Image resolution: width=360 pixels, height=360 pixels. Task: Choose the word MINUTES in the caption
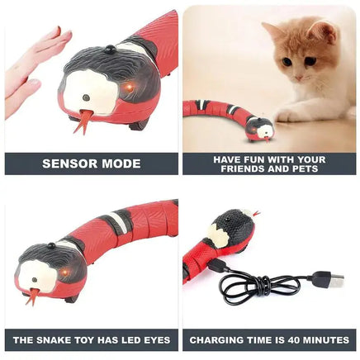click(323, 339)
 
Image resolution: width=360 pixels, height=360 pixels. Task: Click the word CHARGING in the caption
click(213, 339)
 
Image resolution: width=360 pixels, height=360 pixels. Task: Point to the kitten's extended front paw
click(289, 114)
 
